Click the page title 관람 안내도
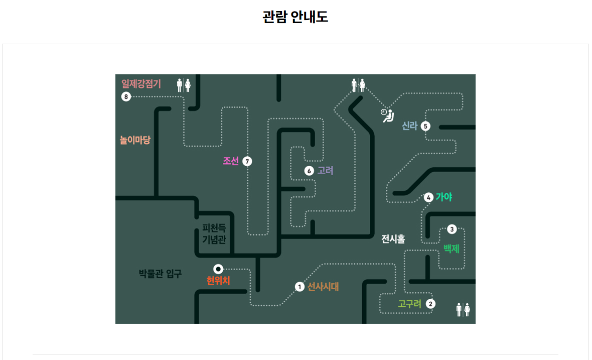pos(295,17)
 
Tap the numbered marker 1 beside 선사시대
pos(300,287)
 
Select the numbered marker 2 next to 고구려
pos(430,304)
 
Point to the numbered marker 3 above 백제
pos(452,229)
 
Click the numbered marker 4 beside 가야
pos(428,197)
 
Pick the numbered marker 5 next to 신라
pos(425,126)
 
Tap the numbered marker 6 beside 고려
pos(309,171)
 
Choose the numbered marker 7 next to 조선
pos(247,161)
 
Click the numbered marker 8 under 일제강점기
pos(126,97)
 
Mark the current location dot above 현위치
pos(218,269)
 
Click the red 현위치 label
pos(218,281)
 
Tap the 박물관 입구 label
pos(160,274)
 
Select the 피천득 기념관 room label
pos(214,233)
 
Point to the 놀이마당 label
pos(135,140)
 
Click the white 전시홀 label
pos(393,238)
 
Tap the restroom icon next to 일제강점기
pos(184,85)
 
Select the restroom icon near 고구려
pos(463,310)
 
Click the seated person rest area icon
pos(387,115)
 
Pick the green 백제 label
pos(451,249)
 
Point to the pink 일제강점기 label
pos(141,83)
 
